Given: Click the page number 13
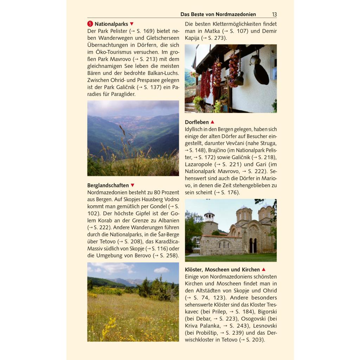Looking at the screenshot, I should [274, 14].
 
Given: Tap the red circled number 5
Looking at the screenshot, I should [90, 24].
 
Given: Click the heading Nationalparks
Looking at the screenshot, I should [111, 24].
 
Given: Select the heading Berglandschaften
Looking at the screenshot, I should [108, 185].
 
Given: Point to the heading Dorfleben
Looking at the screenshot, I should [197, 122].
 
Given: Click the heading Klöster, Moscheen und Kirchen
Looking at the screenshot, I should [222, 270].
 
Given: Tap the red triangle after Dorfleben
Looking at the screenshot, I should [212, 122].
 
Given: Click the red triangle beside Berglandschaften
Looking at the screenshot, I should [133, 185].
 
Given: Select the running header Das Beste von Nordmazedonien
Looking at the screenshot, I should [218, 14].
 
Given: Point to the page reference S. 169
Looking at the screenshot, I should [140, 31].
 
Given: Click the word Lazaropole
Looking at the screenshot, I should [199, 164].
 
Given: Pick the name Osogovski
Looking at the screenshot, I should [252, 319].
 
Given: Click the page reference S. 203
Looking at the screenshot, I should [253, 340].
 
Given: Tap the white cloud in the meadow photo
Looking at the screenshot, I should [161, 270].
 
